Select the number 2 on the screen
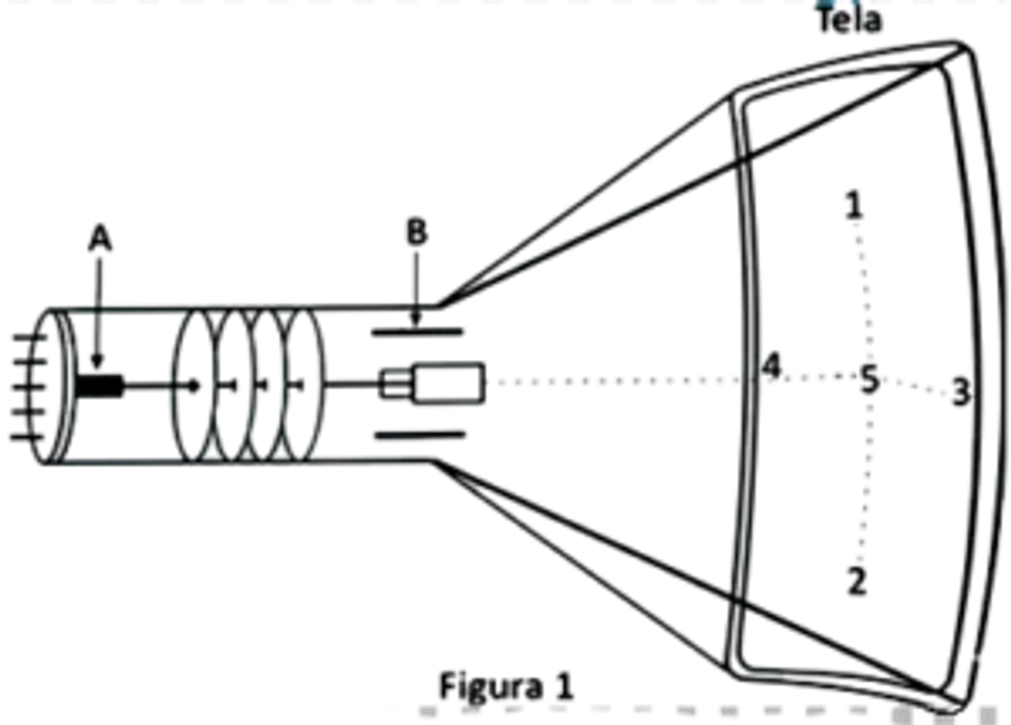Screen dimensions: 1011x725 [856, 579]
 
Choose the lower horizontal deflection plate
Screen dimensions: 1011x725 [419, 433]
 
